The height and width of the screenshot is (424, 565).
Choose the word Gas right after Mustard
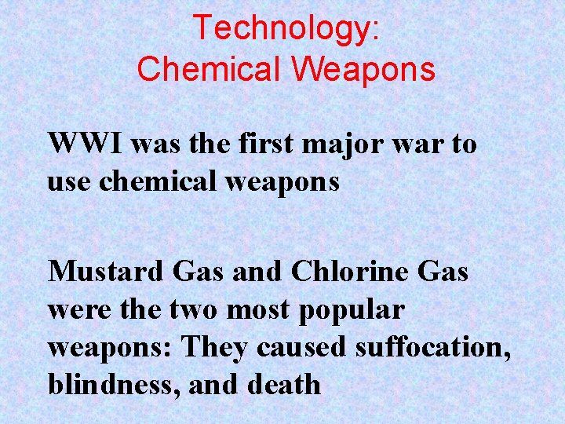[196, 272]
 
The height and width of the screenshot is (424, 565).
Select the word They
[213, 346]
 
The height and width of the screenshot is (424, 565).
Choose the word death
[286, 384]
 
